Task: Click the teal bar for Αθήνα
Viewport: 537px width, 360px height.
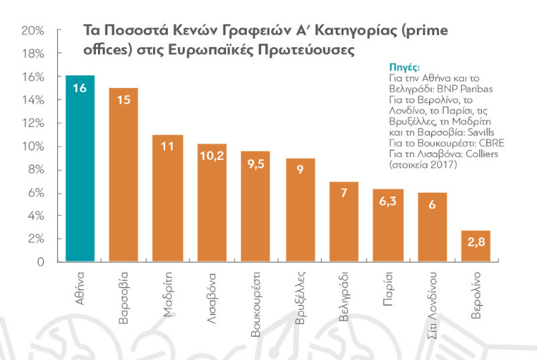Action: click(80, 168)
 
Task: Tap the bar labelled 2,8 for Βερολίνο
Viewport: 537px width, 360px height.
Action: click(475, 246)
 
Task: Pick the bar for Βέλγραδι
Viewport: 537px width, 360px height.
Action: click(344, 222)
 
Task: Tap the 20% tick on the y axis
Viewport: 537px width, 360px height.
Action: click(33, 31)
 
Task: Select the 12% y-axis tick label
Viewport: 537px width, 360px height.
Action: click(33, 124)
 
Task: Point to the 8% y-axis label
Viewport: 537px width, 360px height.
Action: click(35, 170)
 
